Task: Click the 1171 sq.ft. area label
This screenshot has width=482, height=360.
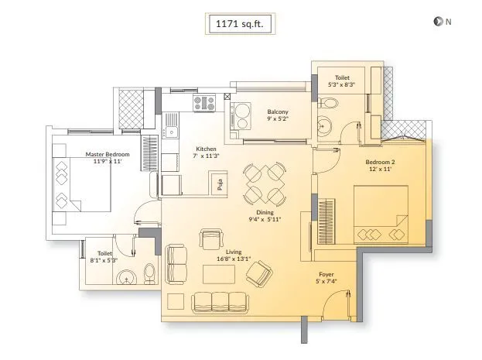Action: [x=240, y=23]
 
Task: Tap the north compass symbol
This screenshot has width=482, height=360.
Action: [x=437, y=22]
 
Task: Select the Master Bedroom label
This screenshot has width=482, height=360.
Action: [x=108, y=154]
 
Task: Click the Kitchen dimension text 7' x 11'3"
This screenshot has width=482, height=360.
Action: [x=206, y=156]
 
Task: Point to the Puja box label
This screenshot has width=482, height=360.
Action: [x=220, y=184]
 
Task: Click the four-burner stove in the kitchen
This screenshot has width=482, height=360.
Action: [x=204, y=103]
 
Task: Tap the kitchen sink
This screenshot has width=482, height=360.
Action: [x=171, y=132]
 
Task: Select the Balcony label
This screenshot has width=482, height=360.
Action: [x=278, y=112]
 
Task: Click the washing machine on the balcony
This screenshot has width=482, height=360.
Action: [x=241, y=115]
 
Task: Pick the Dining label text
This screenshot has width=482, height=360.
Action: [x=265, y=212]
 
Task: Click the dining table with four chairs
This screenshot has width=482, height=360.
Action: [x=265, y=184]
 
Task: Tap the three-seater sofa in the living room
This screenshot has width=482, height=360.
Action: [x=220, y=303]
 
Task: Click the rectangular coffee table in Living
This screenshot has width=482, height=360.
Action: [x=219, y=274]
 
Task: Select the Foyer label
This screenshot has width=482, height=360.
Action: [x=326, y=274]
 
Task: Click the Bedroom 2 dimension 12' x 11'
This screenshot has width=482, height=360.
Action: [x=380, y=169]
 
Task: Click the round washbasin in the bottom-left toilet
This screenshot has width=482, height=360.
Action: [x=127, y=277]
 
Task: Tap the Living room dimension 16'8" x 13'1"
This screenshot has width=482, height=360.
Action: [x=234, y=259]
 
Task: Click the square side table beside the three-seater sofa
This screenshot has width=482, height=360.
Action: [x=176, y=301]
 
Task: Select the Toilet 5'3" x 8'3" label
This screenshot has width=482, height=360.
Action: [x=342, y=81]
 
